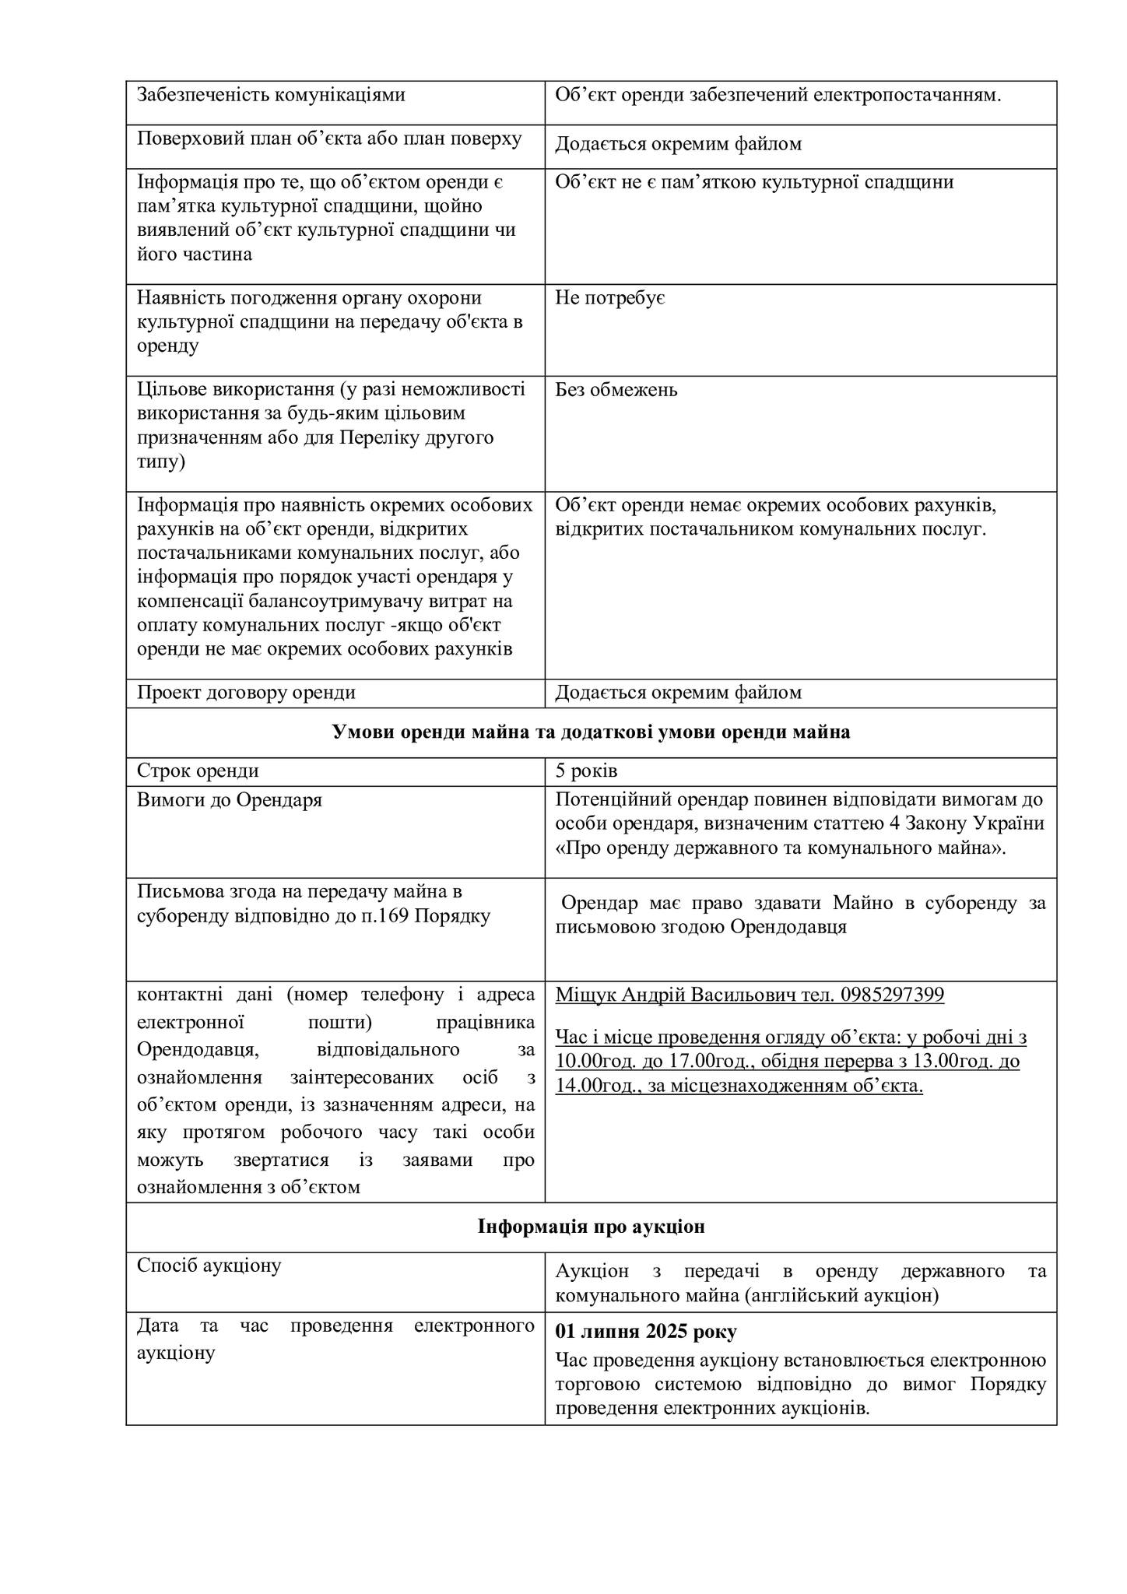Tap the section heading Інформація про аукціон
591,1227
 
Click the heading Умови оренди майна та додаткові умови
591,732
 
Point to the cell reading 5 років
586,771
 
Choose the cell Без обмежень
616,390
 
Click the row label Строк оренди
198,771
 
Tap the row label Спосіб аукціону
209,1266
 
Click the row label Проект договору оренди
246,693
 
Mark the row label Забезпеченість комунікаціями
271,95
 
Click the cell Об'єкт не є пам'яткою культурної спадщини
753,182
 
